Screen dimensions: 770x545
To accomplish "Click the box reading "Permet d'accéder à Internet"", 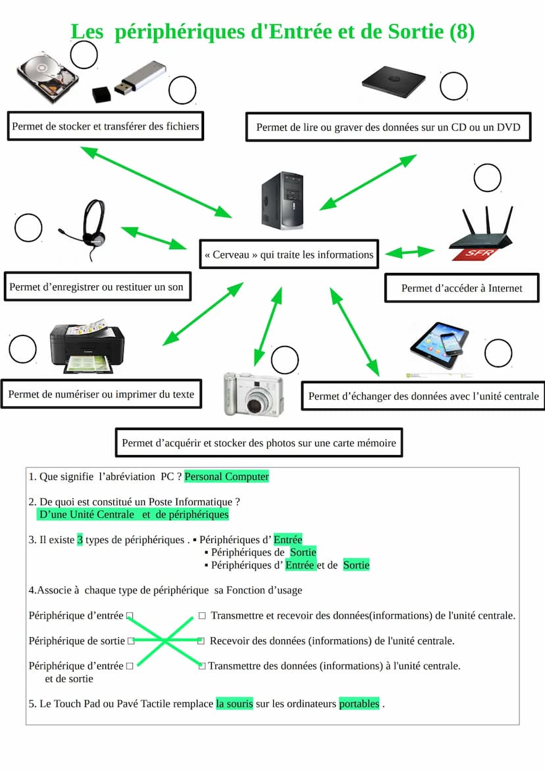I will click(x=461, y=288).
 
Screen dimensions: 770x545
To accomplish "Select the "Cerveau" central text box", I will click(x=289, y=254).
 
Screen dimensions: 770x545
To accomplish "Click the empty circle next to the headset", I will click(x=28, y=228).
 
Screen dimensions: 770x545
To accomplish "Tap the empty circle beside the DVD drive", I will click(x=454, y=86).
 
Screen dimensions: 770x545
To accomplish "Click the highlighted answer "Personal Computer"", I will click(x=227, y=477).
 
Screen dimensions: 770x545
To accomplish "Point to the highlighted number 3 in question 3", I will click(x=80, y=540).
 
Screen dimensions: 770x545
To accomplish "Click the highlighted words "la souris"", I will click(x=234, y=704).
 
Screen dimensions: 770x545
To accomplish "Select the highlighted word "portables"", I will click(x=359, y=704).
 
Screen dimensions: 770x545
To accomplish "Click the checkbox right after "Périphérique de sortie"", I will click(x=131, y=640).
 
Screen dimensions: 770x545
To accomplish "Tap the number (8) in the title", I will click(x=461, y=32).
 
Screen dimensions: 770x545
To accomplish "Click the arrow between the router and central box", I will click(x=410, y=252).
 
